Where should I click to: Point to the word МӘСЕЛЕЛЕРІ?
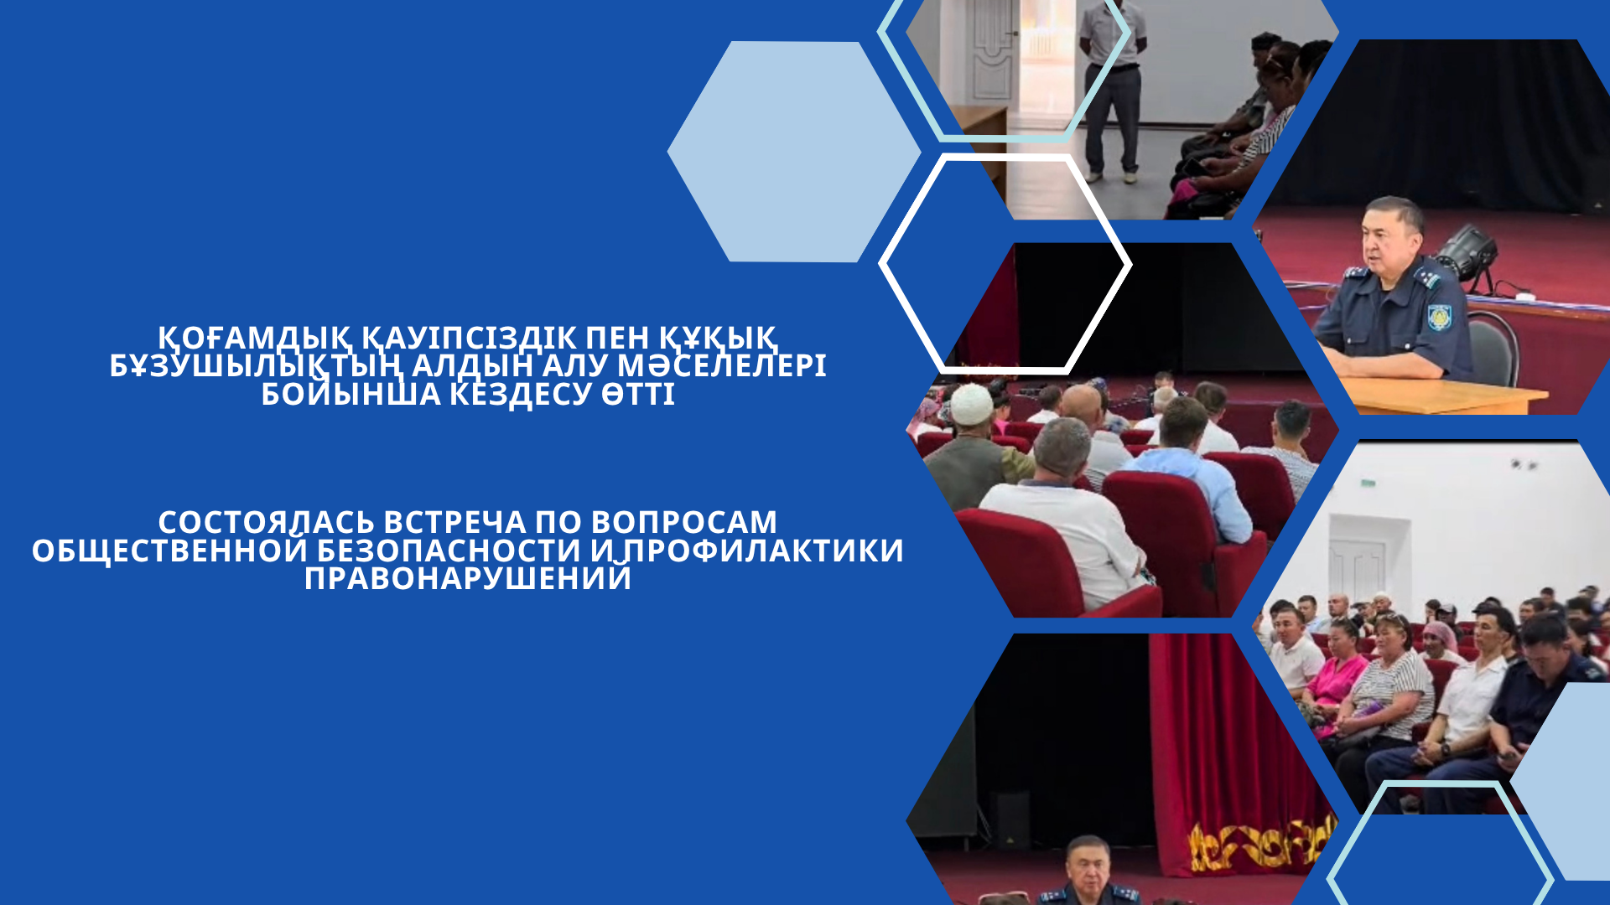pyautogui.click(x=722, y=366)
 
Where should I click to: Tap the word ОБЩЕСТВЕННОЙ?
pyautogui.click(x=170, y=551)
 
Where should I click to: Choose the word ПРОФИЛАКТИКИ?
pyautogui.click(x=763, y=551)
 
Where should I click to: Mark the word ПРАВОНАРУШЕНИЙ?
pyautogui.click(x=468, y=579)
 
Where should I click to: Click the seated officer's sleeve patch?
pyautogui.click(x=1439, y=317)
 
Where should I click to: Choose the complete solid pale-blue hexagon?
pyautogui.click(x=794, y=152)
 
